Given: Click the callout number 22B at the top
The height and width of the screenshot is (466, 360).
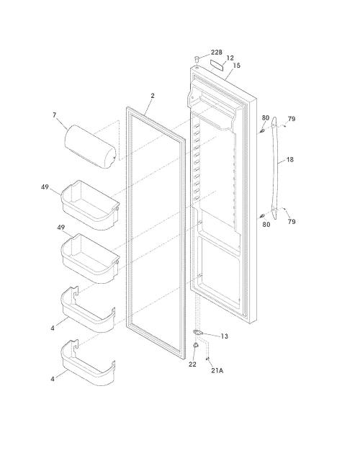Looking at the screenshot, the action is point(216,53).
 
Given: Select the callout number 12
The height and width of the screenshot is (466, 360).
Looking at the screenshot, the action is point(230,58).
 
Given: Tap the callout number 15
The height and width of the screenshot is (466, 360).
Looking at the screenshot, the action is point(236,66).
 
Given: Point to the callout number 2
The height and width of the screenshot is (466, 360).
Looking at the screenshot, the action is point(153,96).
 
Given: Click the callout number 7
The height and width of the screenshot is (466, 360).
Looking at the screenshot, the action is point(54,115).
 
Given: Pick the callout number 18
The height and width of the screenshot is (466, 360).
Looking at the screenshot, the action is point(290,160).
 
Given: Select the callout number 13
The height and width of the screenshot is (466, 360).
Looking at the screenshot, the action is point(224,336).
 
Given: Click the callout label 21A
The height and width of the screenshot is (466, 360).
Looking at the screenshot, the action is point(217,371).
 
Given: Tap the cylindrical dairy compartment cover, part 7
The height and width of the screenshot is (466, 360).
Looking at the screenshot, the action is point(90,147).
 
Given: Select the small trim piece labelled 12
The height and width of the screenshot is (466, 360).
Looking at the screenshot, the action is point(216,64).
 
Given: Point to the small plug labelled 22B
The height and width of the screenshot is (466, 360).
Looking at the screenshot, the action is point(196,58).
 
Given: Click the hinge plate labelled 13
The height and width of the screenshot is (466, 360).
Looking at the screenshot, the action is point(197,332).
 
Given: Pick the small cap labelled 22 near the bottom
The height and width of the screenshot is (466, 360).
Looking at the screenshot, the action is point(196,345).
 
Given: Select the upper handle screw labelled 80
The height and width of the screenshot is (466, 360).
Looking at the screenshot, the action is point(261,130).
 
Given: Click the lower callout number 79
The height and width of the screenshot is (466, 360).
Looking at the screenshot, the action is point(292,221).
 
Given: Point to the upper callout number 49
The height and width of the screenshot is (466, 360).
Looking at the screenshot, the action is point(45,187).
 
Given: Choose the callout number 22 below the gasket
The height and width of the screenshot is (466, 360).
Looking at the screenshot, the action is point(192,364).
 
